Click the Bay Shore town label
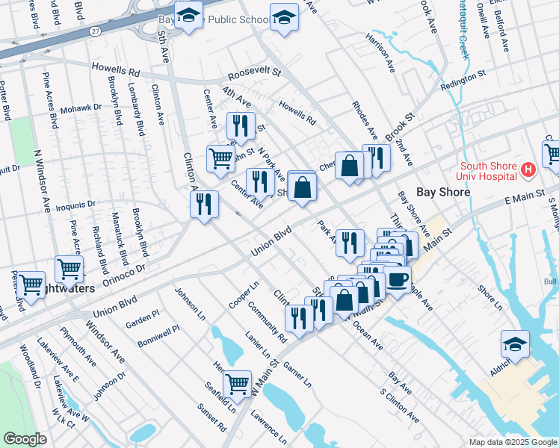point(444,192)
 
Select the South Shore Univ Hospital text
point(489,171)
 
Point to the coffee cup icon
point(398,279)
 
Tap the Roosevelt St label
point(253,74)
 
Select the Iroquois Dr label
point(76,203)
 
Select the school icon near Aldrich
point(515,343)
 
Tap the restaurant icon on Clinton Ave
point(204,204)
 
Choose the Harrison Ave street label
point(380,52)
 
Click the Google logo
point(25,439)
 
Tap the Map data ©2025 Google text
point(512,442)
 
